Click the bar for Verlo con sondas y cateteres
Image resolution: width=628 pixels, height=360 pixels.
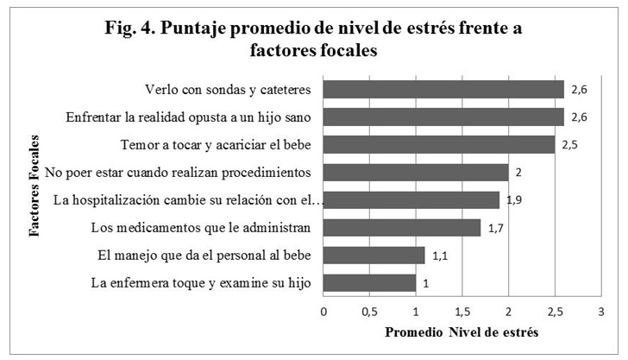443,89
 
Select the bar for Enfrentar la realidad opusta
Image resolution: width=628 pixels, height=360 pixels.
443,117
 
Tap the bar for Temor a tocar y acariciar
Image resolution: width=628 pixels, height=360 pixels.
439,144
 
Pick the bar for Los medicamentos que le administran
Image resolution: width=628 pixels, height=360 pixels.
402,228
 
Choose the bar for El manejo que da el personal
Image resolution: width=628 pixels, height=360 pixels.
374,256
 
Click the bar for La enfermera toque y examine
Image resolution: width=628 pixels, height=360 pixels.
369,283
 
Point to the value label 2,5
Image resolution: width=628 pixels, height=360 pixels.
569,144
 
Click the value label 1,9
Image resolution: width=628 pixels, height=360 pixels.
514,200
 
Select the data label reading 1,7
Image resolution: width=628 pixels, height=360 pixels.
495,228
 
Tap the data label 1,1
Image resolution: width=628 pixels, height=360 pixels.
440,256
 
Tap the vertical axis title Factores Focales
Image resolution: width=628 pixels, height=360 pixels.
33,186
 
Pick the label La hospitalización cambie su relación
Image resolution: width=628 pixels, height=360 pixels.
188,200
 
